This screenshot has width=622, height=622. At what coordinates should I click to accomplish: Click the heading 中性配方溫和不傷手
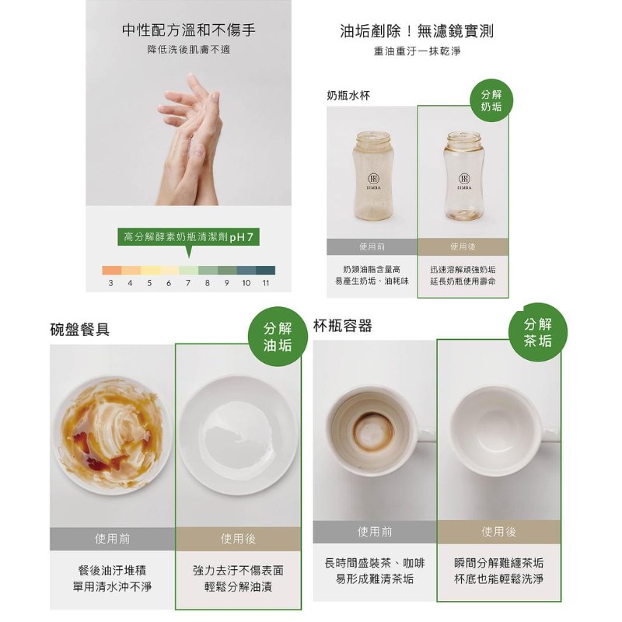point(188,30)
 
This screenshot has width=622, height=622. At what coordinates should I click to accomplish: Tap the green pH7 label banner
point(188,237)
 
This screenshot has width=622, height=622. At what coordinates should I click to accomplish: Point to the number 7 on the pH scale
point(187,283)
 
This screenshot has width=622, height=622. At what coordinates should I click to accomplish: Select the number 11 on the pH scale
point(265,283)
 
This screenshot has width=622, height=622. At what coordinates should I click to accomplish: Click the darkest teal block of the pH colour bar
point(265,270)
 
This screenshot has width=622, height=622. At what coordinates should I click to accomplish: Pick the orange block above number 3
point(111,270)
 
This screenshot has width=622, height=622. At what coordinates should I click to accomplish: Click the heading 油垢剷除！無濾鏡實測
point(417,31)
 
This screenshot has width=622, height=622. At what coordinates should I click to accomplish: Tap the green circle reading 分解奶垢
point(491,100)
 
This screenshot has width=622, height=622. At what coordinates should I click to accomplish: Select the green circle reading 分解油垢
point(278,337)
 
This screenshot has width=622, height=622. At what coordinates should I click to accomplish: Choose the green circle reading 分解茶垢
point(538,332)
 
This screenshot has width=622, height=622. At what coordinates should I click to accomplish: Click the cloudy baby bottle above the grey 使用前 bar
point(372,176)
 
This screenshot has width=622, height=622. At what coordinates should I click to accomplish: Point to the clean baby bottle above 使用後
point(463,176)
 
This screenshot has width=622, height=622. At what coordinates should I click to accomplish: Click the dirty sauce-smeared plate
point(112,435)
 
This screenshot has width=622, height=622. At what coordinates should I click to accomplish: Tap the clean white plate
point(238,435)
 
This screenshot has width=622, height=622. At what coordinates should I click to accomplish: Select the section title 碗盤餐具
point(80,329)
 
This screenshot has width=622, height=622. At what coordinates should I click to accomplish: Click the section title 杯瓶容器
point(343,326)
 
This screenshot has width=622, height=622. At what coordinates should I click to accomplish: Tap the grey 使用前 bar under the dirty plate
point(112,539)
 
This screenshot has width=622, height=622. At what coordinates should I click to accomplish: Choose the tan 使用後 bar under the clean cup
point(499,532)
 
